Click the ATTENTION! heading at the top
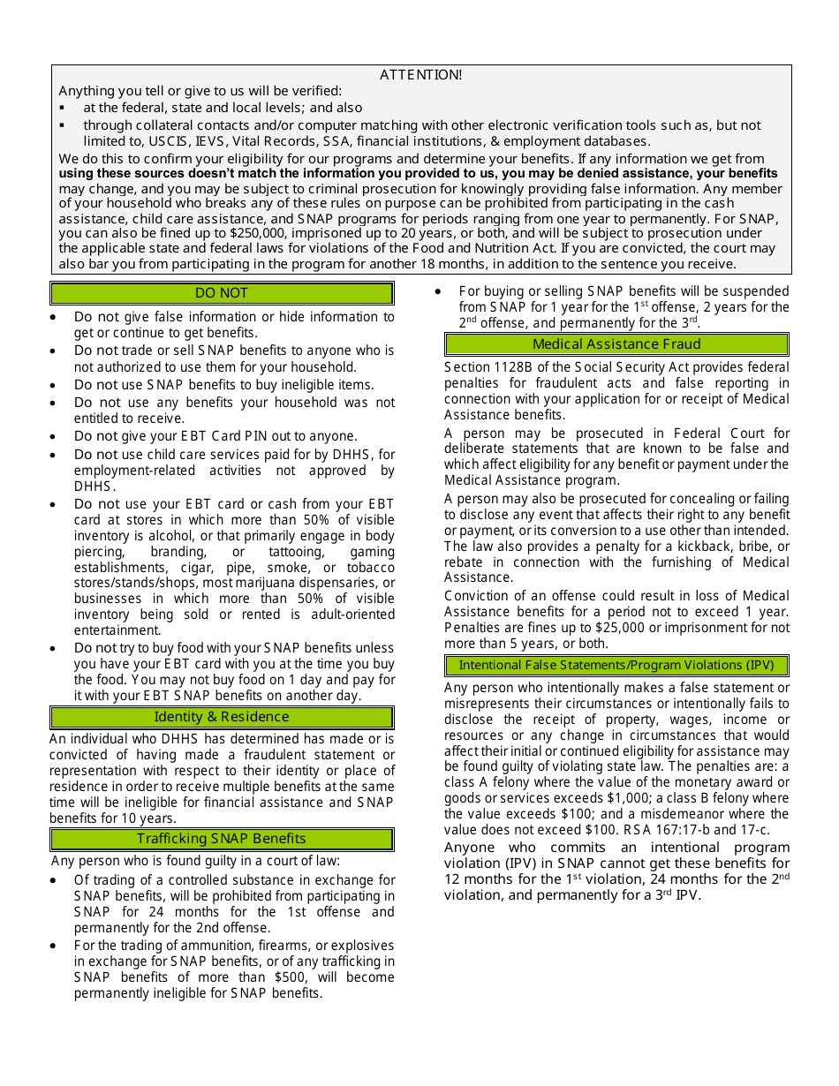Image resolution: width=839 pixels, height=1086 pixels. (x=420, y=75)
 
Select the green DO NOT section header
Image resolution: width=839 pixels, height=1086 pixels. (x=222, y=293)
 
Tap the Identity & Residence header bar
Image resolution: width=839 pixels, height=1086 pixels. (x=222, y=717)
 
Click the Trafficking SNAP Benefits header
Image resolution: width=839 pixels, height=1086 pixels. (x=222, y=839)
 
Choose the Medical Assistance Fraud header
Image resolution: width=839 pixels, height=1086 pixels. (x=616, y=344)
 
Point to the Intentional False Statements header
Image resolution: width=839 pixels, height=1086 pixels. (x=616, y=666)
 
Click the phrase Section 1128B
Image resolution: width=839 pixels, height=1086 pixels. (x=488, y=367)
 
